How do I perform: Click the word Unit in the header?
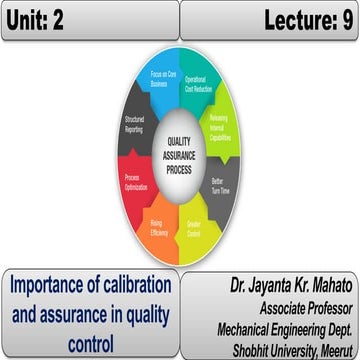32,20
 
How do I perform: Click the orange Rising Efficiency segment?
157,225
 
